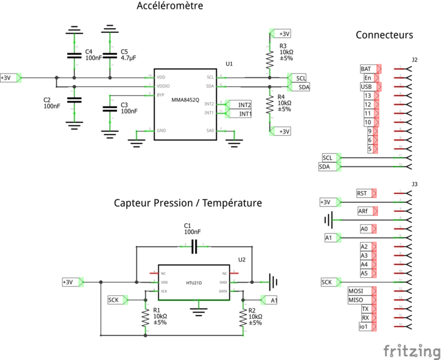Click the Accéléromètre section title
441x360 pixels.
tap(170, 7)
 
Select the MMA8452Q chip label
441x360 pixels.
tap(185, 100)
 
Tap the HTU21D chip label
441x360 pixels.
tap(194, 282)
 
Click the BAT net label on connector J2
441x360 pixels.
tap(366, 69)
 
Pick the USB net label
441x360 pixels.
tap(366, 87)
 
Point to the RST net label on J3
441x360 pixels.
tap(362, 193)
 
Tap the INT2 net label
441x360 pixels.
tap(244, 104)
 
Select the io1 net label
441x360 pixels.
tap(364, 326)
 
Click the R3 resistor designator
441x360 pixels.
tap(283, 46)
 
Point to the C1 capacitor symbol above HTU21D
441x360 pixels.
tap(194, 245)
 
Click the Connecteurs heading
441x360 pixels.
tap(384, 35)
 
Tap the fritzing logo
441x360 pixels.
tap(411, 350)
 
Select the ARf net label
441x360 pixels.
tap(364, 211)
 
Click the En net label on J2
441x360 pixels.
tap(368, 78)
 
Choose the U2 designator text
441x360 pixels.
tap(242, 260)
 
